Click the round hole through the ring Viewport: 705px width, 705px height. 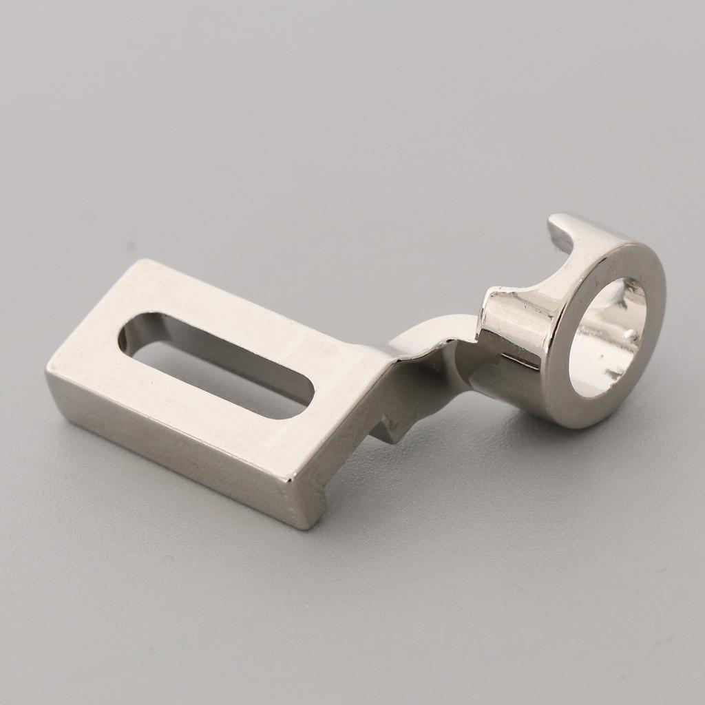pyautogui.click(x=606, y=337)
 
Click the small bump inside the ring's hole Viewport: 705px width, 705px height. pyautogui.click(x=627, y=335)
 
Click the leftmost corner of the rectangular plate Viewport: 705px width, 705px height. pyautogui.click(x=48, y=375)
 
